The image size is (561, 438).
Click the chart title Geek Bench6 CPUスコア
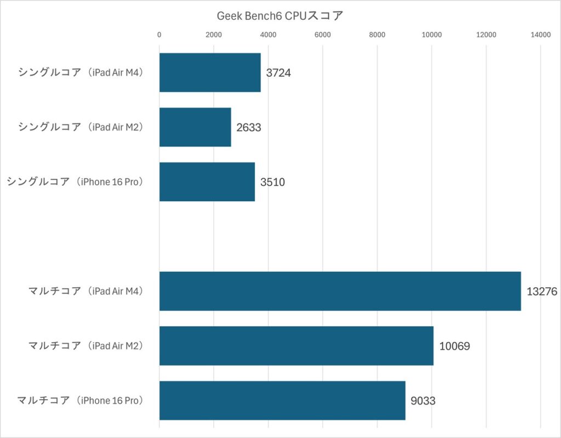click(280, 16)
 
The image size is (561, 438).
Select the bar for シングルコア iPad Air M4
click(210, 72)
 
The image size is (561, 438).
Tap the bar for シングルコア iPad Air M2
click(195, 127)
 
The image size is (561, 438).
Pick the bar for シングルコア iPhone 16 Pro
click(207, 182)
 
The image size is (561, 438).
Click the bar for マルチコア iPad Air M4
click(340, 291)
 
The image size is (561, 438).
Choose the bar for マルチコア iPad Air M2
click(296, 346)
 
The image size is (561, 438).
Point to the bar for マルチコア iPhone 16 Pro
click(282, 401)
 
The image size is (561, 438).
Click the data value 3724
click(278, 73)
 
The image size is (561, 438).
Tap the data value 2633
click(249, 128)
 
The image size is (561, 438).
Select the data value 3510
click(272, 183)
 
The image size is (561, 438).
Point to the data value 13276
click(542, 292)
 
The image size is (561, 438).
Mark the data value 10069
click(455, 346)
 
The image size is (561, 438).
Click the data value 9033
click(423, 401)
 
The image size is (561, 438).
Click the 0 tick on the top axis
click(159, 35)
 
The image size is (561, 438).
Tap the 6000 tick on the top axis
click(323, 35)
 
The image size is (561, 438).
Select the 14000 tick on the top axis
click(540, 35)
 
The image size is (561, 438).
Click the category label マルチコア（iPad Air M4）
click(86, 291)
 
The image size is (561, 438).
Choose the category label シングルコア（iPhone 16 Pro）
click(75, 182)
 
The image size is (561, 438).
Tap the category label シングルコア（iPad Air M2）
click(81, 127)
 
